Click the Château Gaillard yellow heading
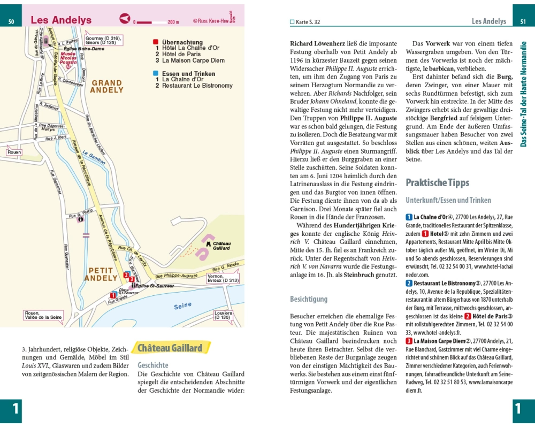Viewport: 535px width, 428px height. click(170, 348)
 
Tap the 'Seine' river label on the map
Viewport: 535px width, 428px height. click(182, 306)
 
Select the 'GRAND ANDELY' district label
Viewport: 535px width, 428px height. click(106, 87)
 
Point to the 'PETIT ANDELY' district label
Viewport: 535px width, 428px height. click(101, 274)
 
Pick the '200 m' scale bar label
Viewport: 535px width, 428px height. click(173, 22)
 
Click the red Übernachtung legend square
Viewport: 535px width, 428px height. click(156, 42)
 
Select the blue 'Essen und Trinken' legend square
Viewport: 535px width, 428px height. click(156, 73)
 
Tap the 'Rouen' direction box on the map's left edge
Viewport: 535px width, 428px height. click(14, 152)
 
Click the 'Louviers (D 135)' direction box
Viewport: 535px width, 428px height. click(223, 315)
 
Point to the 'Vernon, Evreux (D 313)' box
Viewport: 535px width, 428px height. click(223, 278)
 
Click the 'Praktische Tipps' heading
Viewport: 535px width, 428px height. click(437, 182)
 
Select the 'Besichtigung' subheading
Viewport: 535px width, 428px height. click(309, 299)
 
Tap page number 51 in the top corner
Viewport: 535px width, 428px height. click(523, 21)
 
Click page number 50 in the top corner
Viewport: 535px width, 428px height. click(11, 21)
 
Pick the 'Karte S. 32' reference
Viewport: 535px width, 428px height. click(308, 22)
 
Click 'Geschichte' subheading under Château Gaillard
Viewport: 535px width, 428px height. click(153, 365)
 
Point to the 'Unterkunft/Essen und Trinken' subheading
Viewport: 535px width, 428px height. click(448, 200)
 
